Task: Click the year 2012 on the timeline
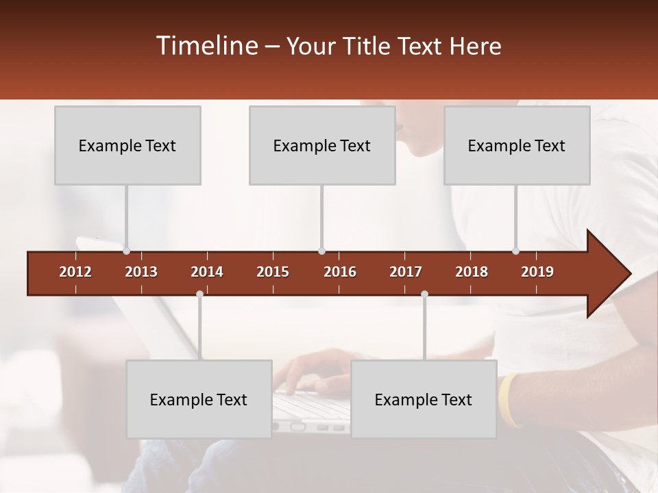75,272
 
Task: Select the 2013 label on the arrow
141,272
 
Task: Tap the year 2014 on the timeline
207,272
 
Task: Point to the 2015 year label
273,272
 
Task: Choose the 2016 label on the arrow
340,272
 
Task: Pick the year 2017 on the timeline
406,272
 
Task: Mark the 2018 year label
472,272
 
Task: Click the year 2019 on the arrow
537,272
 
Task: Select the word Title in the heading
368,46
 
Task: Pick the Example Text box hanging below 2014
199,399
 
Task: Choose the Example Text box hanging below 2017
424,399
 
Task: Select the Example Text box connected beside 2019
517,145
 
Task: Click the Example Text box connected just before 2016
322,145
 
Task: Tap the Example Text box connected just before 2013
127,145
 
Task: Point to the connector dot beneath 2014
199,294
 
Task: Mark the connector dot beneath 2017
424,294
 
